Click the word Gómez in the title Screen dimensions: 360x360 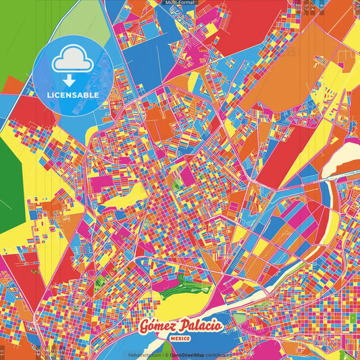(157, 327)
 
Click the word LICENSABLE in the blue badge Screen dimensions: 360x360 (73, 95)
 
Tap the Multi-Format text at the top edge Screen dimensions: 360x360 (180, 3)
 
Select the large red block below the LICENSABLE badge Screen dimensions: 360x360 (34, 111)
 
